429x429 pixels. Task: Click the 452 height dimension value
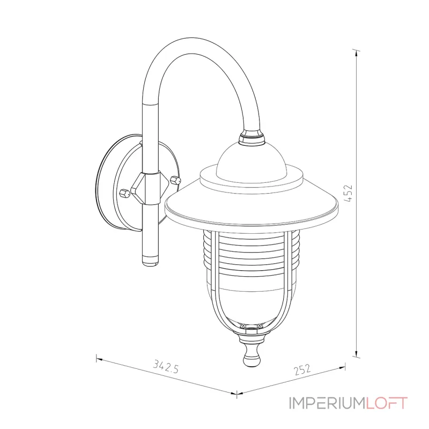coord(348,194)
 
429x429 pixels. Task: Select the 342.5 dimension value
coord(166,366)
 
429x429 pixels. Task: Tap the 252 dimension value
coord(302,369)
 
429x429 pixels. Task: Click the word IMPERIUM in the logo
coord(327,403)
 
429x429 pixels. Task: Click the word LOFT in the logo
coord(387,403)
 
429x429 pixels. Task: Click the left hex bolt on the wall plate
coord(124,193)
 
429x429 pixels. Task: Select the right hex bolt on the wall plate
coord(175,180)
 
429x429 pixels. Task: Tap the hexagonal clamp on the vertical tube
coord(150,188)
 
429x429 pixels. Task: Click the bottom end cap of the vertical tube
coord(150,260)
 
